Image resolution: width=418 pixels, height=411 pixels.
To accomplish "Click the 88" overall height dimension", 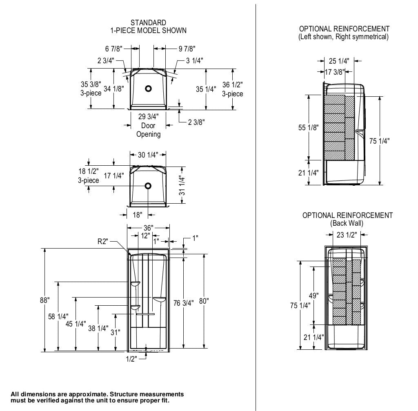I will point(45,300).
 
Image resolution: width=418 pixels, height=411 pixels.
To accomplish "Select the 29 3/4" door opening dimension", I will point(148,117).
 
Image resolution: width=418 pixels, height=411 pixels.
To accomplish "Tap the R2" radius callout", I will point(102,242).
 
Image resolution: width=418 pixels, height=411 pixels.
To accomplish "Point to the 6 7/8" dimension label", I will point(113,49).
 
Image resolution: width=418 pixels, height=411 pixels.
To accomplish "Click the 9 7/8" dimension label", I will point(187,49).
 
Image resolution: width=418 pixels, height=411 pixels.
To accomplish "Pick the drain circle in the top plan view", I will point(149,88).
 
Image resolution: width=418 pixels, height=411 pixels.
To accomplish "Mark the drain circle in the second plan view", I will point(148,186).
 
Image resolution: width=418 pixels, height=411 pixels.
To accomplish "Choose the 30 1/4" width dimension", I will point(148,155).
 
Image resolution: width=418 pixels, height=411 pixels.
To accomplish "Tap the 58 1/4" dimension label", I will point(59,316).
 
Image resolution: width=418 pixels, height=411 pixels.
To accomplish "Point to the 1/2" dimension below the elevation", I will point(131,359).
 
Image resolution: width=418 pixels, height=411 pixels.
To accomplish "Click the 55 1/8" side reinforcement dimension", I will point(308,128).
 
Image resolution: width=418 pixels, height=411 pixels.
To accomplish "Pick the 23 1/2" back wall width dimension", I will point(347,235).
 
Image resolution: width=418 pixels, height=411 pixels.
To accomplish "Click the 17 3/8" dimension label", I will point(335,72).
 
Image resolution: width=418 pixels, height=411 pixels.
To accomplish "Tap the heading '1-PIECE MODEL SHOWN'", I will point(148,30).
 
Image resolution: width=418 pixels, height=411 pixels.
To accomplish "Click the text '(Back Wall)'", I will point(347,223).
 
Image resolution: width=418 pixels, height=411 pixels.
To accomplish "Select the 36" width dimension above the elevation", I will point(148,228).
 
